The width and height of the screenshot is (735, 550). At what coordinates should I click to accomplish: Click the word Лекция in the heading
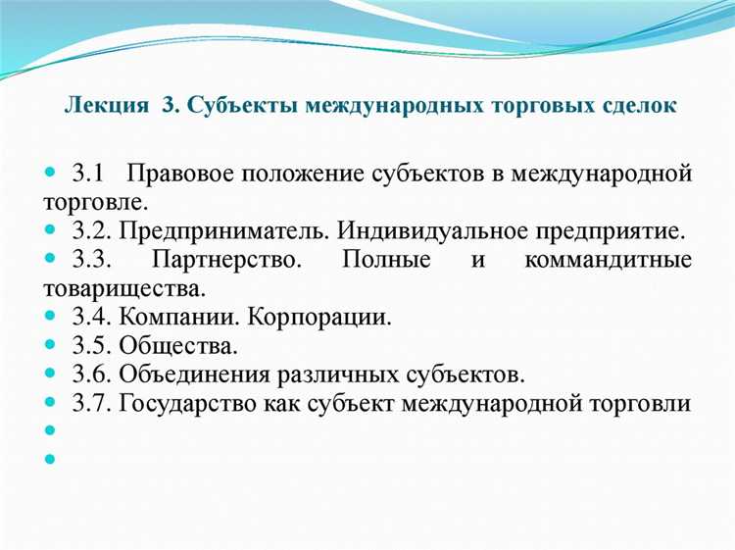click(102, 105)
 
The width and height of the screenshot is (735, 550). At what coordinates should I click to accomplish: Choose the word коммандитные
click(608, 261)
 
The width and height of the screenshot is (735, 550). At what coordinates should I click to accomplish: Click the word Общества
click(179, 346)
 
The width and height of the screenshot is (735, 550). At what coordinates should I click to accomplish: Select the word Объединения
click(201, 375)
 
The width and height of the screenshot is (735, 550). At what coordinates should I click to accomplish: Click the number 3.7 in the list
click(90, 403)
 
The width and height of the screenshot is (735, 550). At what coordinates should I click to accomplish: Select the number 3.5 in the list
click(90, 346)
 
